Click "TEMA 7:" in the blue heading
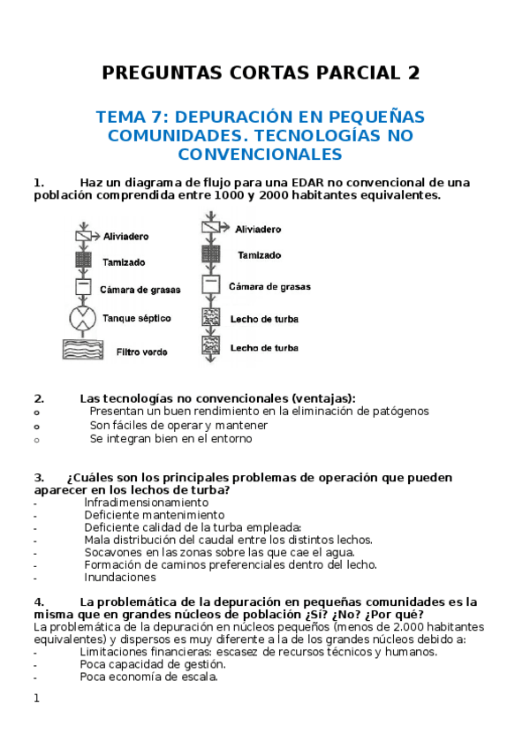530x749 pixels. click(x=134, y=117)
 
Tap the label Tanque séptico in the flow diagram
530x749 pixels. click(x=137, y=318)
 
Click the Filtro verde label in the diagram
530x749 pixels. click(x=141, y=352)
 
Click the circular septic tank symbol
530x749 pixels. click(x=83, y=318)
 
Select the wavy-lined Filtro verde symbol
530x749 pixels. click(x=83, y=350)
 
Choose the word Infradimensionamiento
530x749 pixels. click(x=147, y=502)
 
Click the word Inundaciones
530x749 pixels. click(x=120, y=577)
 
